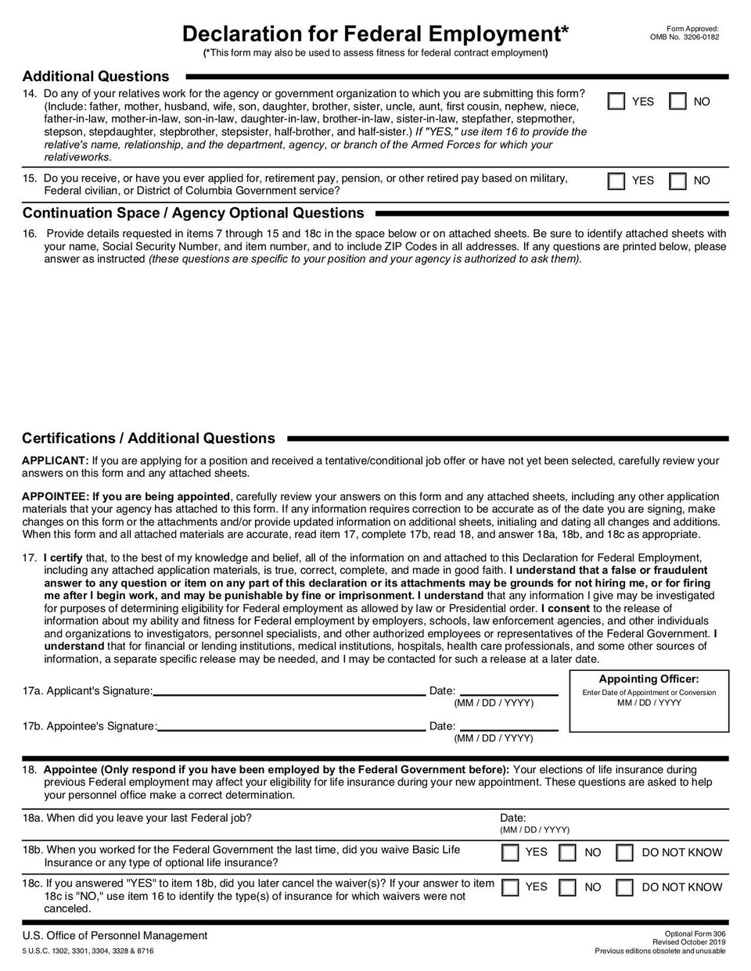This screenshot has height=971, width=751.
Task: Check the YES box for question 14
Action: tap(617, 102)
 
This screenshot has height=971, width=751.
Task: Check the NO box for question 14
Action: tap(678, 102)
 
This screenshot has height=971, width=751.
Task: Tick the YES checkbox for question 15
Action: tap(617, 181)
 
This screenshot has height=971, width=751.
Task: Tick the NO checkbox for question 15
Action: tap(678, 181)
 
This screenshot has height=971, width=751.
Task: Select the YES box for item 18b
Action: tap(510, 852)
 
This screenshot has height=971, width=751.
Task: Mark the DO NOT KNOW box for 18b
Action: tap(624, 852)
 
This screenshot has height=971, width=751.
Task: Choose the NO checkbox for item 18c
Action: tap(568, 887)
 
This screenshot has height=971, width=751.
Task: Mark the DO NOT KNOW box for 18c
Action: tap(624, 887)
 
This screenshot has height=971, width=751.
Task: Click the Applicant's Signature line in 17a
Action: tap(289, 691)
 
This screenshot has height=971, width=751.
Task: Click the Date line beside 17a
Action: tap(508, 691)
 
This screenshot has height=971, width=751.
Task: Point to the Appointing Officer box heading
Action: tap(649, 679)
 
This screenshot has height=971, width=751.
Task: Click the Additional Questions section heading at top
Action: tap(95, 77)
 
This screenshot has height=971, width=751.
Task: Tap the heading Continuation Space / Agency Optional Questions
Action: tap(193, 213)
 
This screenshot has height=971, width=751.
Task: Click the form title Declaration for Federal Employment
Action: tap(375, 34)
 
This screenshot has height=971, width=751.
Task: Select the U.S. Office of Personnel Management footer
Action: tap(115, 936)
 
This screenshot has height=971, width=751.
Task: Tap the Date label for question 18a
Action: tap(513, 818)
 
